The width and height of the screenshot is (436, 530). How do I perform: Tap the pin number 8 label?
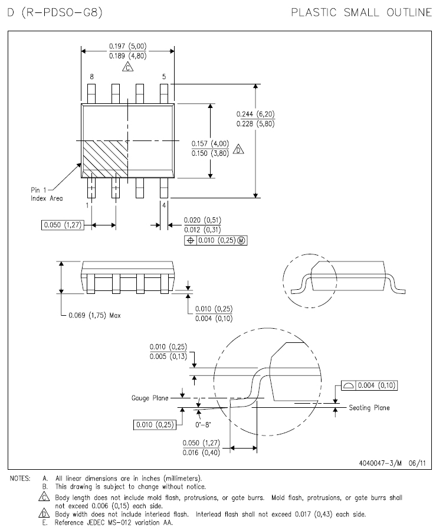91,77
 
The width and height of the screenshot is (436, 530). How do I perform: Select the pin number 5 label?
164,77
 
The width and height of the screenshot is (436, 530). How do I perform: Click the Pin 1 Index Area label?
47,194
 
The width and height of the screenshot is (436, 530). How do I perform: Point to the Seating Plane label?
369,408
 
